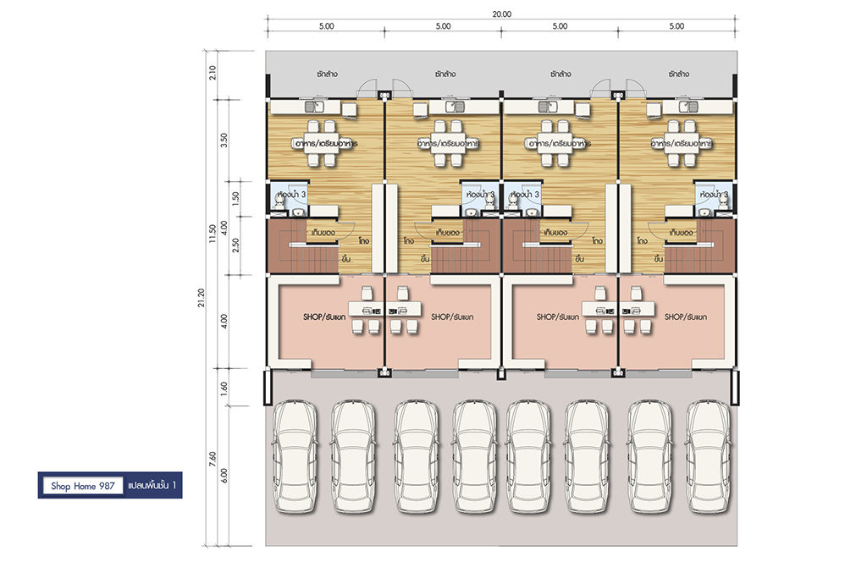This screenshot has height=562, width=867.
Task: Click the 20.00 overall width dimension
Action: [x=501, y=14]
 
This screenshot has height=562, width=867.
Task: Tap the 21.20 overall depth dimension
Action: [x=202, y=298]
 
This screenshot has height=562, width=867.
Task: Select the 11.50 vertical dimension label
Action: [x=213, y=234]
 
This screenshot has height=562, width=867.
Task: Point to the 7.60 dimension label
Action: [x=213, y=460]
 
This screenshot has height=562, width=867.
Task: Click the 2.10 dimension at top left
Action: [x=213, y=73]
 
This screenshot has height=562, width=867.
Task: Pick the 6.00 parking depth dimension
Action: [x=224, y=475]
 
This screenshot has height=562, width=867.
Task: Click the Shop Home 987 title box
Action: [x=83, y=486]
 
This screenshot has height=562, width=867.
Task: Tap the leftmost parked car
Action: [x=295, y=456]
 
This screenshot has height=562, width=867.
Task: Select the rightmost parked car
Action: [x=709, y=456]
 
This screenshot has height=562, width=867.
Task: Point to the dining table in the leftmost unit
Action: [x=321, y=143]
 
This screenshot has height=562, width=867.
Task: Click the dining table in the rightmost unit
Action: [x=681, y=143]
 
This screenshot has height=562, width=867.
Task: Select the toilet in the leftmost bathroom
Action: [x=279, y=203]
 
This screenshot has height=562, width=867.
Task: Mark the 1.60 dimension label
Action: [x=224, y=388]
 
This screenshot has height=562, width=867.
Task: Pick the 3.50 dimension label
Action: [x=224, y=140]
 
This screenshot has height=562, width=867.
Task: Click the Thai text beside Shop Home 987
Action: [x=152, y=485]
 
